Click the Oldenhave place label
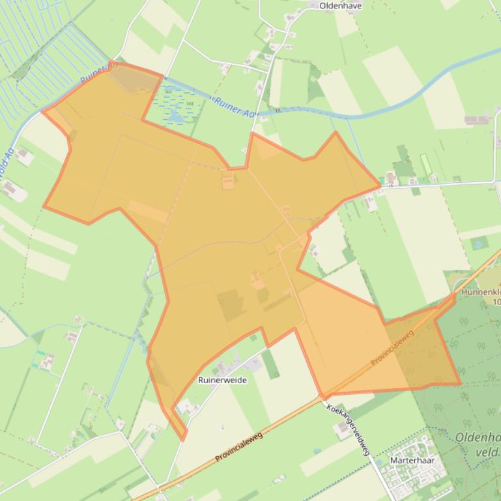click(x=341, y=6)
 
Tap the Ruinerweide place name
click(x=222, y=380)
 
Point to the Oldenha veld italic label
click(x=478, y=444)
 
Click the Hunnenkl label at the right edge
click(x=481, y=293)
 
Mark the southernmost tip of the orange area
click(x=183, y=440)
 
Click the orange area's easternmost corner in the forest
click(x=460, y=384)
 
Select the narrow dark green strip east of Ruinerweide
click(x=271, y=364)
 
